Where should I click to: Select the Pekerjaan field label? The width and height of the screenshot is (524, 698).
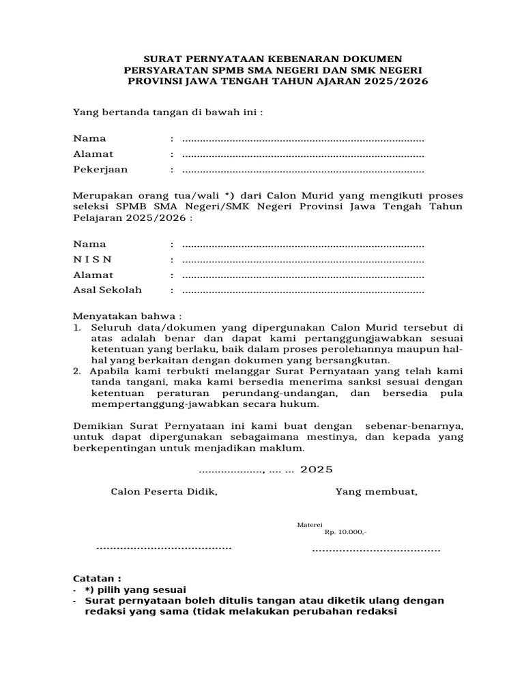pos(100,170)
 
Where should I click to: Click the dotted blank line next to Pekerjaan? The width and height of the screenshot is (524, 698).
pos(303,170)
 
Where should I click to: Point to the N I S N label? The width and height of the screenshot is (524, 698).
pos(93,260)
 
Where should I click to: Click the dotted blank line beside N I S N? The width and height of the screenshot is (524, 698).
pos(303,260)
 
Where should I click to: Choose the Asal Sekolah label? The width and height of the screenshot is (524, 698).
pos(108,290)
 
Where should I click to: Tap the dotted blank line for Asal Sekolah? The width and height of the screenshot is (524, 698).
pos(303,291)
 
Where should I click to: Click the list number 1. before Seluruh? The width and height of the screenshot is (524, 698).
pos(77,329)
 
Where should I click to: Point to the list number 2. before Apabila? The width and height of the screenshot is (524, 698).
pos(77,371)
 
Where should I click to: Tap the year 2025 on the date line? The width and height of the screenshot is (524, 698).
pos(316,470)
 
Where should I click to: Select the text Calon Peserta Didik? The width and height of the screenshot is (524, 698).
pos(164,491)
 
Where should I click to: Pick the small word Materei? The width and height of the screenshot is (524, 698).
pos(309,524)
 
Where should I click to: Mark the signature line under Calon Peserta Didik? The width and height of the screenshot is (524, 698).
pos(164,547)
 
